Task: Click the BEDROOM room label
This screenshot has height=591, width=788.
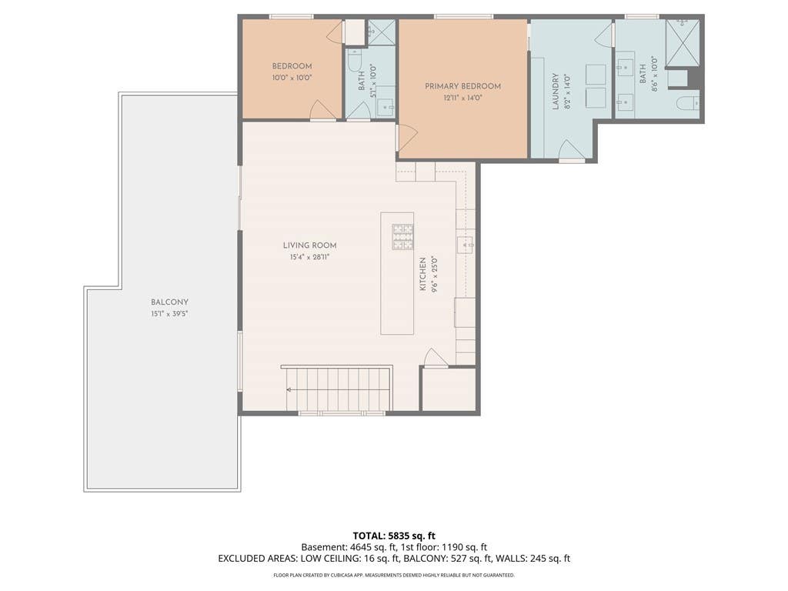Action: click(292, 66)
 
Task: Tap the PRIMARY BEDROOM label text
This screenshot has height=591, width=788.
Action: click(462, 86)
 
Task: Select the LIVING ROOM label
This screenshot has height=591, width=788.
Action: click(309, 245)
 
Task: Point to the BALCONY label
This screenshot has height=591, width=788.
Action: click(169, 302)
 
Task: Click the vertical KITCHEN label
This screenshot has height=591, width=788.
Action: click(423, 274)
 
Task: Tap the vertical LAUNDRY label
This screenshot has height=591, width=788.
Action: click(556, 92)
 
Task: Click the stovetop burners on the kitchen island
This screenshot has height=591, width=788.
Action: click(402, 237)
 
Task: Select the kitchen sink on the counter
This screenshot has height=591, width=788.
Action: click(465, 245)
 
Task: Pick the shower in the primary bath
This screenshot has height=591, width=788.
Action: click(682, 43)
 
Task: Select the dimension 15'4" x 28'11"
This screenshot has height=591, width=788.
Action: click(309, 257)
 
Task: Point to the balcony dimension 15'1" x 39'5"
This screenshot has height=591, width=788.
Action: click(169, 314)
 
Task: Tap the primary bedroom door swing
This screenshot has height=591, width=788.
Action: click(408, 138)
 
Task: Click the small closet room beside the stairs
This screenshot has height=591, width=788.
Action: click(449, 389)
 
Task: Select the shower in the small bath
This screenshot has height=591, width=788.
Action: click(382, 32)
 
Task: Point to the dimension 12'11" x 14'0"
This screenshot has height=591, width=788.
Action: click(462, 98)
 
